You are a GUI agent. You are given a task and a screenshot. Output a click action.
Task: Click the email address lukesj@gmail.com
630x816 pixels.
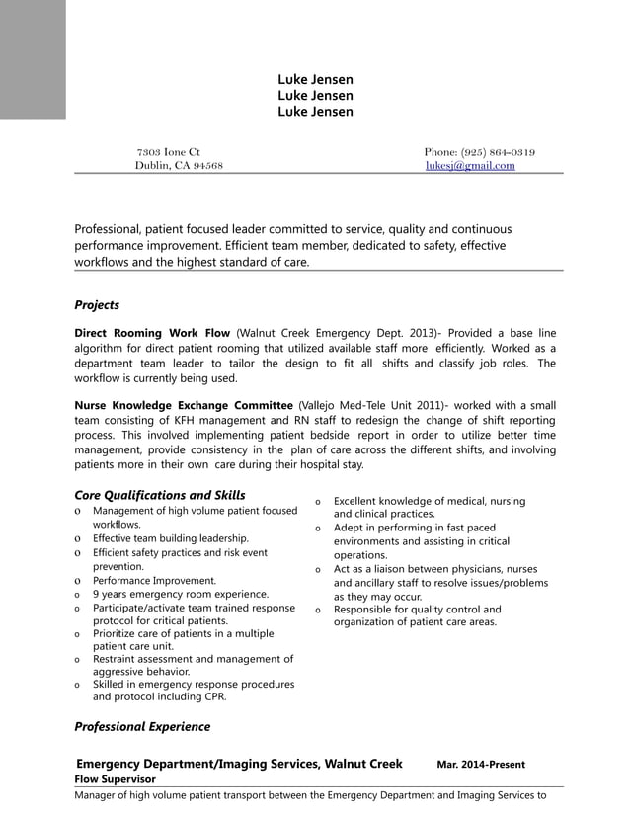click(470, 166)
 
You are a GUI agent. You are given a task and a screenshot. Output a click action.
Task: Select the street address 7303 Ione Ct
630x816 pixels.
click(168, 152)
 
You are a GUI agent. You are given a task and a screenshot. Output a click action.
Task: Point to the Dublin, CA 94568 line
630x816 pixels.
click(179, 166)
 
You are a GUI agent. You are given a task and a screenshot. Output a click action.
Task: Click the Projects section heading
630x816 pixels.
click(97, 305)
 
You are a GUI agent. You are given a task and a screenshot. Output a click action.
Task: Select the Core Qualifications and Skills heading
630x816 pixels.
click(160, 495)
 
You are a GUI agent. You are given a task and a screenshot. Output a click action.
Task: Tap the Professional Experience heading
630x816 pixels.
click(142, 726)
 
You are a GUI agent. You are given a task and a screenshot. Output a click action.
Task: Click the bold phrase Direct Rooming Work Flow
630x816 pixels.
click(152, 334)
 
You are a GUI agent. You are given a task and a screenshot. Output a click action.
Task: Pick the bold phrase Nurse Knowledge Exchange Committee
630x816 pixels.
click(184, 406)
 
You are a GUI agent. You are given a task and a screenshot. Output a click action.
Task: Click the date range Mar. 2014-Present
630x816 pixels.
click(481, 765)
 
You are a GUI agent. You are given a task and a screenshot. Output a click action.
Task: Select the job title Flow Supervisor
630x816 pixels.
click(116, 779)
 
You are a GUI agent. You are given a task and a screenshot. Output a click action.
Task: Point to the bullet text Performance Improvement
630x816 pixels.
click(154, 581)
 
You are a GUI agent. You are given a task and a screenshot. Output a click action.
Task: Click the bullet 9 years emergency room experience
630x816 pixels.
click(181, 595)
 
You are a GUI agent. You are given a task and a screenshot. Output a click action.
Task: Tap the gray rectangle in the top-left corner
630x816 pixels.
click(33, 59)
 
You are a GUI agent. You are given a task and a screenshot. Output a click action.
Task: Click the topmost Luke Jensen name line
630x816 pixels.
click(315, 79)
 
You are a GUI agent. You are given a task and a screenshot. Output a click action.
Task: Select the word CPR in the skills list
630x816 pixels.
click(214, 696)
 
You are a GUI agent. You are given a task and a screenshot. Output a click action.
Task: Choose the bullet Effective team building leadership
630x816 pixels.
click(171, 538)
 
